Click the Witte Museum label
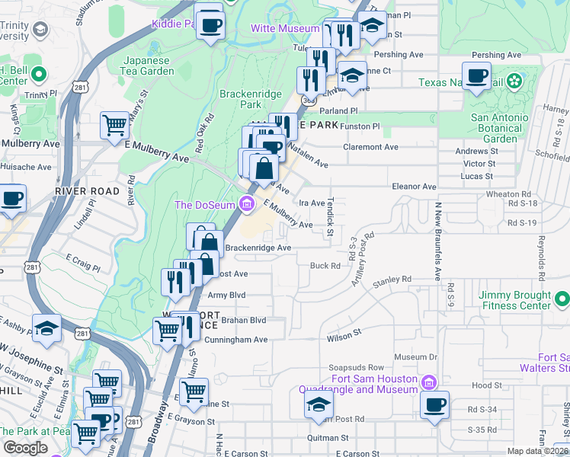(285, 28)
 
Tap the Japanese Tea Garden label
(149, 66)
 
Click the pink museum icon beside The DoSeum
(246, 203)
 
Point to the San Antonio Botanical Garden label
(500, 128)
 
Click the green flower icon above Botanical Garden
(515, 80)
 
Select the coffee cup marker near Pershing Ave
(477, 76)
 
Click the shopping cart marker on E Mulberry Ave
(115, 124)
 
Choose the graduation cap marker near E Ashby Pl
(47, 328)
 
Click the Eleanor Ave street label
(413, 186)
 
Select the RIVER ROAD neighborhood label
(87, 190)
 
